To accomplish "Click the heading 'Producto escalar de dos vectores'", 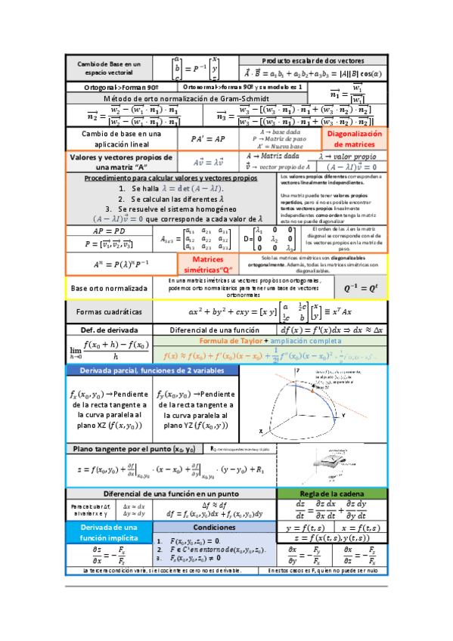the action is tap(312, 60).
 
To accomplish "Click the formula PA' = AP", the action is tap(203, 139).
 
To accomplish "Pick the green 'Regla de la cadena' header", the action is tap(333, 494).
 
